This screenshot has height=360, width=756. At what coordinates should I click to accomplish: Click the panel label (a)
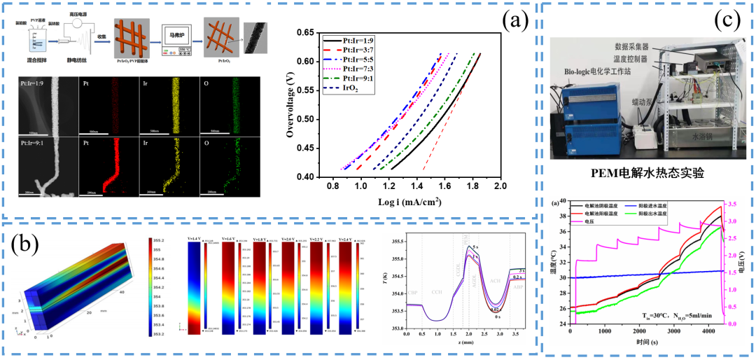(x=514, y=20)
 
